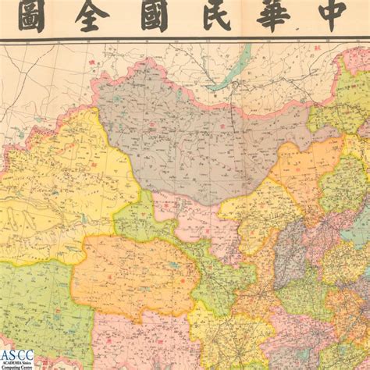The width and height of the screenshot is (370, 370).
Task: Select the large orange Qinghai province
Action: point(133,273)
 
